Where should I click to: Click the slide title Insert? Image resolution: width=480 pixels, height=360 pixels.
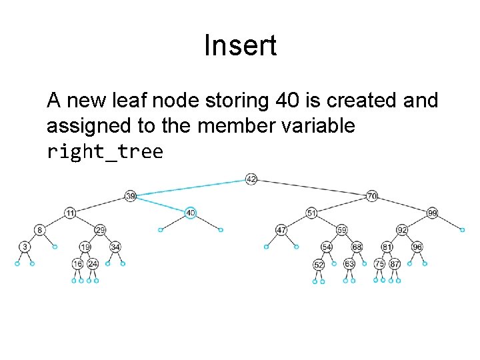pos(240,46)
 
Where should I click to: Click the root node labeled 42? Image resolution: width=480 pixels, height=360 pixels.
pos(251,179)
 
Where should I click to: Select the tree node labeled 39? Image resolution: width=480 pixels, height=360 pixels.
pos(131,196)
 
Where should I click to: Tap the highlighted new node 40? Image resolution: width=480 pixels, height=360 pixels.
pos(191,213)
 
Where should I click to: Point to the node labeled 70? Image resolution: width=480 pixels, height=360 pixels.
pos(372,196)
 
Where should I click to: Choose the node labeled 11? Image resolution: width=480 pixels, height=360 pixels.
pos(70,213)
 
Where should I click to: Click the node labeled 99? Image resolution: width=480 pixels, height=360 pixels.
pos(432,213)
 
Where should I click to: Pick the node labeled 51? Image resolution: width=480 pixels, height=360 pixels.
pos(311,213)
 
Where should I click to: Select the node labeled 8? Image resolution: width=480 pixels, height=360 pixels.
pos(40,230)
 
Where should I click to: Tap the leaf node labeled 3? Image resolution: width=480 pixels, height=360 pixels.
pos(25,247)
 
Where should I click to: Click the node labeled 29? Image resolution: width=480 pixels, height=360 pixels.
pos(100,230)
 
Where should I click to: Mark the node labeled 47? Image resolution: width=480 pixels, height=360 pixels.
pos(281,230)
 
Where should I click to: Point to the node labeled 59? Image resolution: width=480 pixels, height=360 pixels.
pos(341,230)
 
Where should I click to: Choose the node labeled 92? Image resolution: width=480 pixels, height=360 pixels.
pos(402,230)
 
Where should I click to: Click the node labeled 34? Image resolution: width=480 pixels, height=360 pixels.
pos(115,247)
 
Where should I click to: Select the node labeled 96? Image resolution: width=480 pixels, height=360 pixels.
pos(417,247)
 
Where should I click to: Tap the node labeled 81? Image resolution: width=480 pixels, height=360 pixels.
pos(387,247)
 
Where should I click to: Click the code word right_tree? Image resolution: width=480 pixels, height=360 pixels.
pos(105,152)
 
